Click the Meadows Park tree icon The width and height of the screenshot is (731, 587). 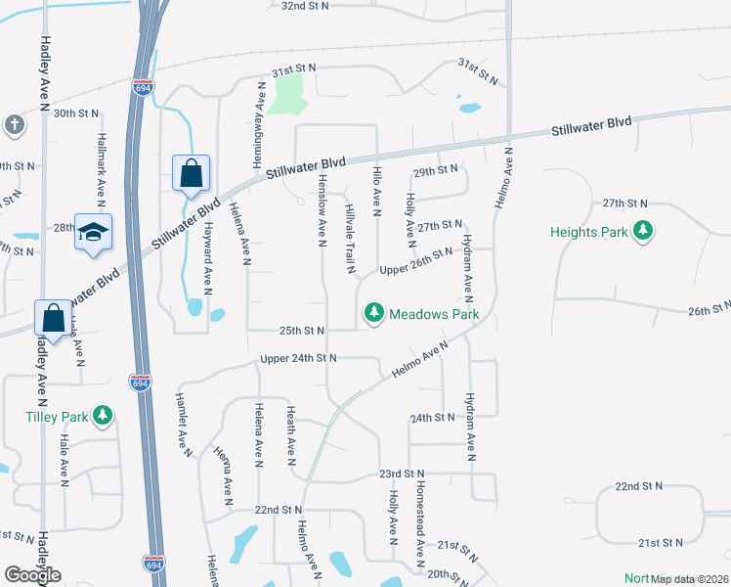coord(373,314)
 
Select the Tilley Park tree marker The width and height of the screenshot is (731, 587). coord(103,417)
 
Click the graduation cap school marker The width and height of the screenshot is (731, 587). coord(93,232)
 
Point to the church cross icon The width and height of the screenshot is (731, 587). coord(14,125)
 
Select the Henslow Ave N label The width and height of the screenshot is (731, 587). coord(320,210)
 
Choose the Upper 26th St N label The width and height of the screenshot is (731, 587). coord(416,261)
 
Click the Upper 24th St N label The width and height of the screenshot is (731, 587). coord(298,359)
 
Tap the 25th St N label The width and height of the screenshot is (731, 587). coord(298,331)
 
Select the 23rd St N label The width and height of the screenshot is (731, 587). coord(403,474)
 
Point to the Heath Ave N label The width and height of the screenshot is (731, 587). coord(290,434)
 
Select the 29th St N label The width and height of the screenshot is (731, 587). coord(436,170)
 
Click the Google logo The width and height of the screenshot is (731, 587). coord(33,575)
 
